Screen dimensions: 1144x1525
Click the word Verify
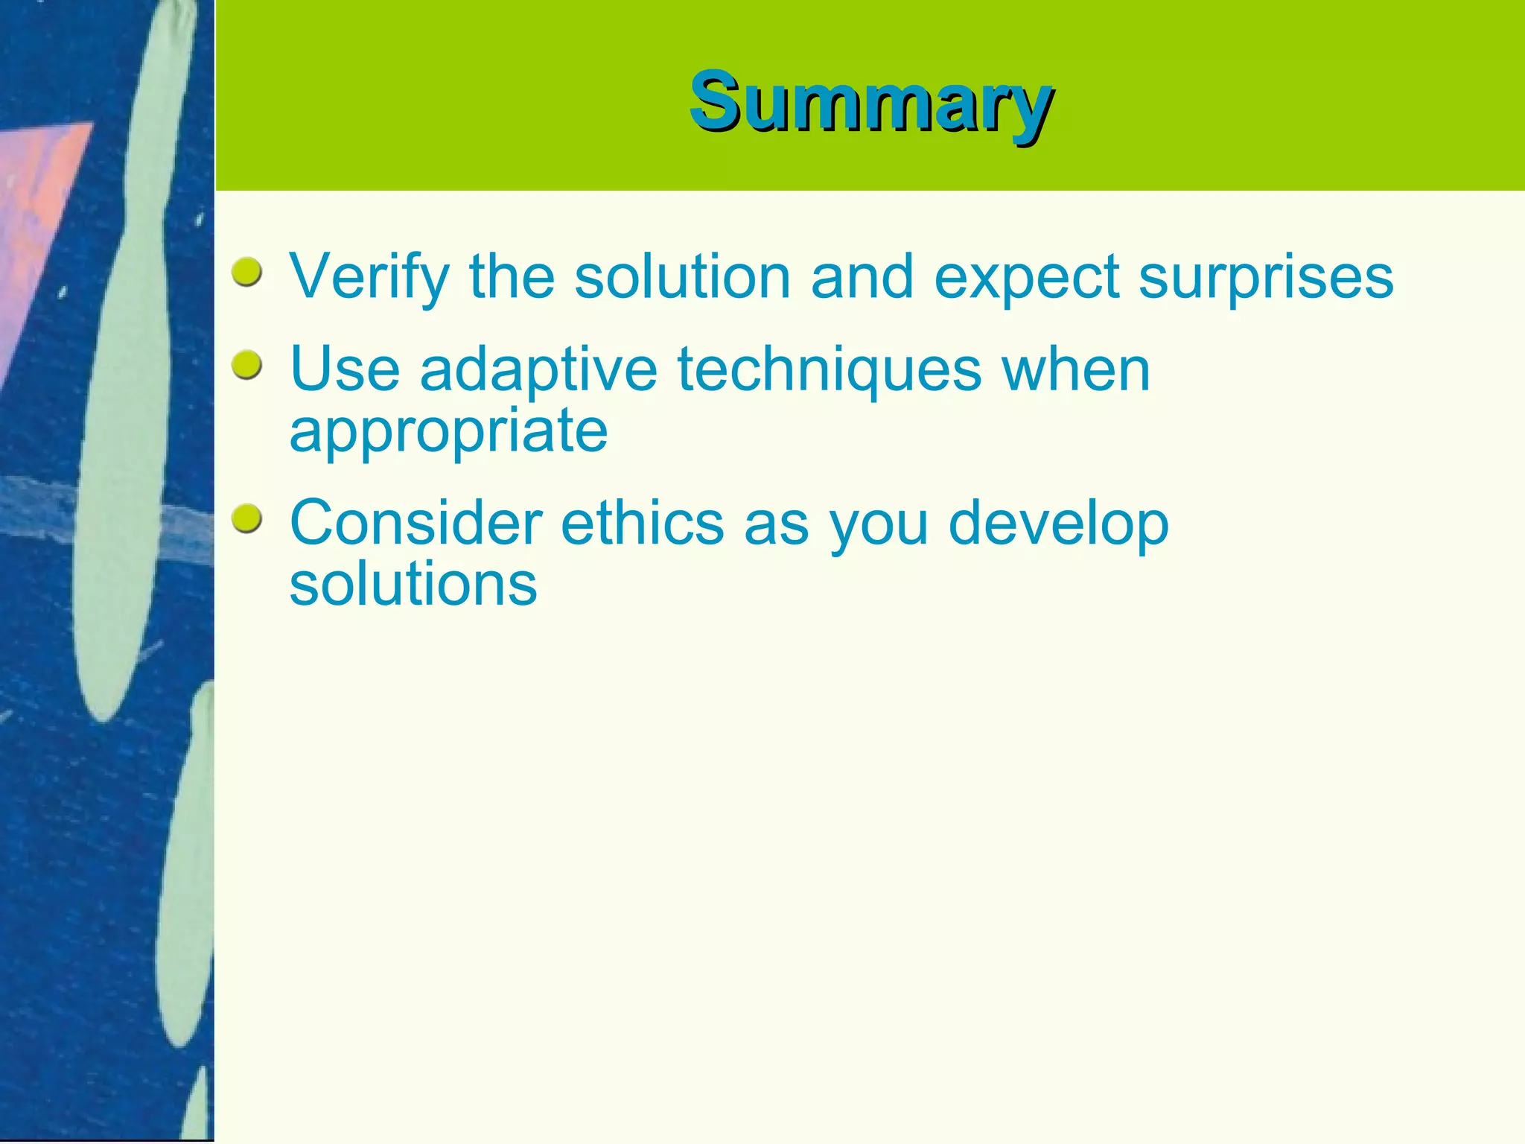369,277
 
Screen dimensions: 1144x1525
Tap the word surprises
1266,277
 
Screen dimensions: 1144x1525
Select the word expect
1026,277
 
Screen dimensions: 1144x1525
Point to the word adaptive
538,370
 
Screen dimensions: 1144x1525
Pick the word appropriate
448,432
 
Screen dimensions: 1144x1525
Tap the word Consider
416,523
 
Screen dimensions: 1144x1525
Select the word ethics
642,523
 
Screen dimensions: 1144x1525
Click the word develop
1058,523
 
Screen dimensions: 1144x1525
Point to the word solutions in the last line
413,585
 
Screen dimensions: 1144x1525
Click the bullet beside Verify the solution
246,273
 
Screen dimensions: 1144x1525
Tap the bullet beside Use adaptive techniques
246,366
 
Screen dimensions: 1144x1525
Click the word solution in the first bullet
682,277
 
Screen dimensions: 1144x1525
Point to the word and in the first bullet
862,277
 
